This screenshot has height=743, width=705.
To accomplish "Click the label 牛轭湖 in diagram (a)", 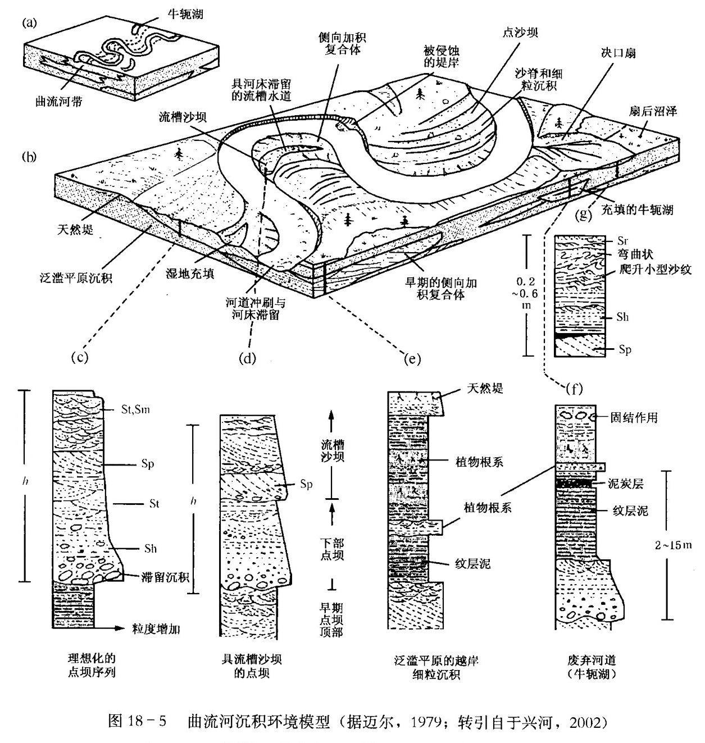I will (x=185, y=13).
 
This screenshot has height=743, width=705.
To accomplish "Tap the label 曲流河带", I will (x=58, y=103).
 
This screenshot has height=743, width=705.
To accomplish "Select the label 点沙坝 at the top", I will (x=520, y=32).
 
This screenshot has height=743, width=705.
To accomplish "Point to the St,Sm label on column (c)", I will (x=136, y=409).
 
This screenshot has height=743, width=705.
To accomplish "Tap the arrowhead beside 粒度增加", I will (x=119, y=629).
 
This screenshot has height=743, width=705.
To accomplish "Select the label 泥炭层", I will (x=625, y=483).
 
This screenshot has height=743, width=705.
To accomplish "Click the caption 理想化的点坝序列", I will (x=92, y=665).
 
